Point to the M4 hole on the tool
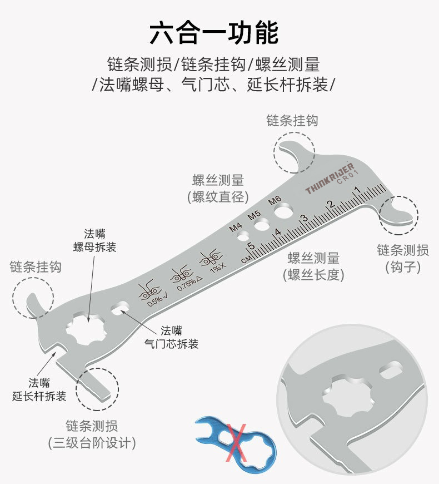243,237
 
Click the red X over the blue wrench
237,440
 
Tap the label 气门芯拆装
171,344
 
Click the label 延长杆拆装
39,396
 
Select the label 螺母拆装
95,247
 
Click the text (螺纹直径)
218,197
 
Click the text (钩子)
403,268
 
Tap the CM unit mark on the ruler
246,259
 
